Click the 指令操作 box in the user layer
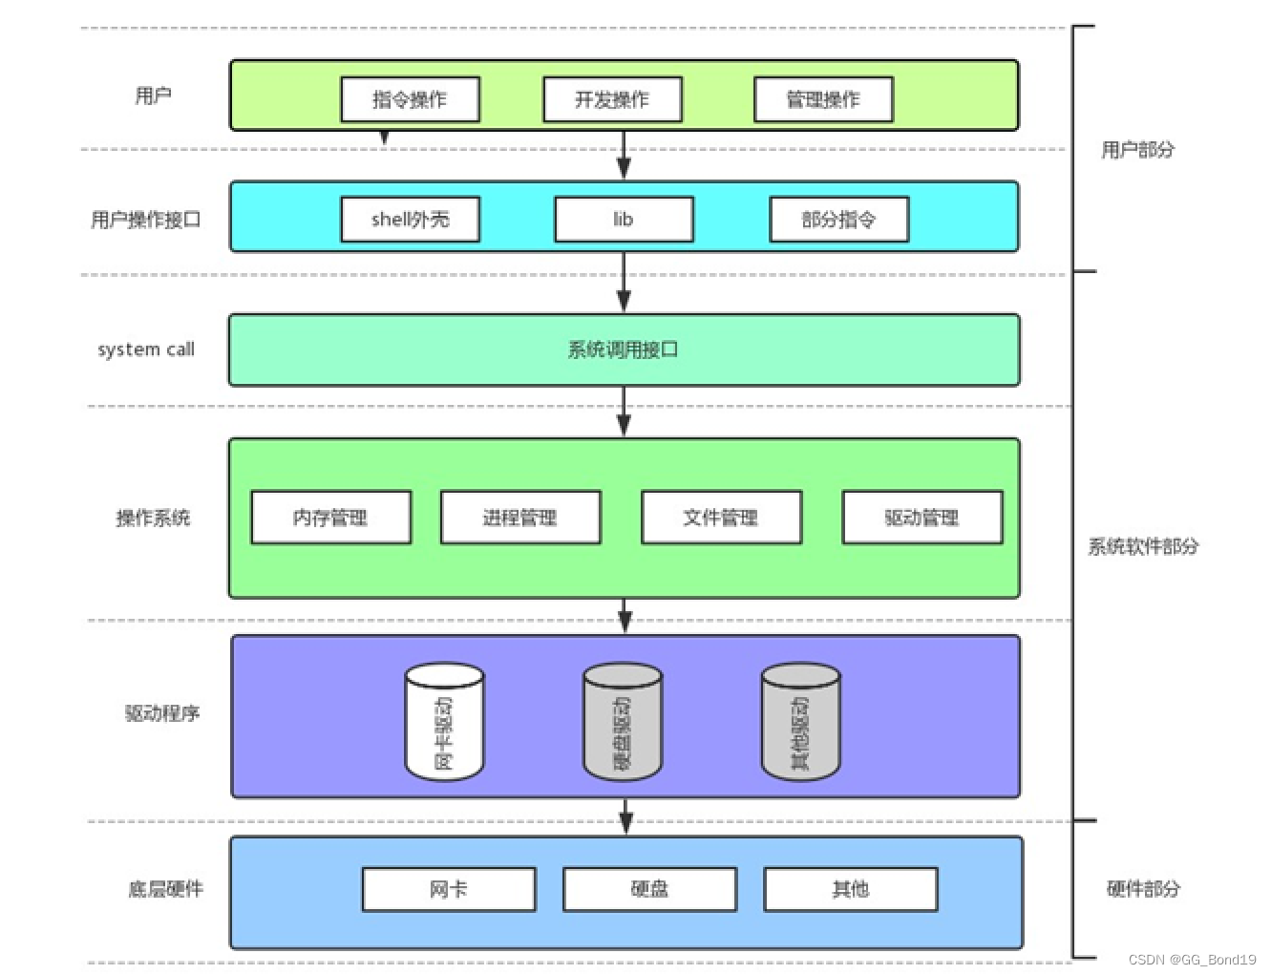(x=410, y=99)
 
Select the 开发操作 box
(x=612, y=99)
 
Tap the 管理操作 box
(x=823, y=99)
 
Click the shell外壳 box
(x=410, y=220)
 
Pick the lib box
(x=624, y=220)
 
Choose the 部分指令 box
(x=838, y=220)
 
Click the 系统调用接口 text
(x=623, y=350)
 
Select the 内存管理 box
(x=330, y=518)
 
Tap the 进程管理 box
(x=519, y=518)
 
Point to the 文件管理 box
(x=721, y=518)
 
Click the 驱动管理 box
(x=921, y=518)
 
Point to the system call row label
(x=146, y=350)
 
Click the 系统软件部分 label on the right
(x=1143, y=546)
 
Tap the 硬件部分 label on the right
(x=1143, y=889)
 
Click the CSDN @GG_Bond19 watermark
(x=1192, y=960)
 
